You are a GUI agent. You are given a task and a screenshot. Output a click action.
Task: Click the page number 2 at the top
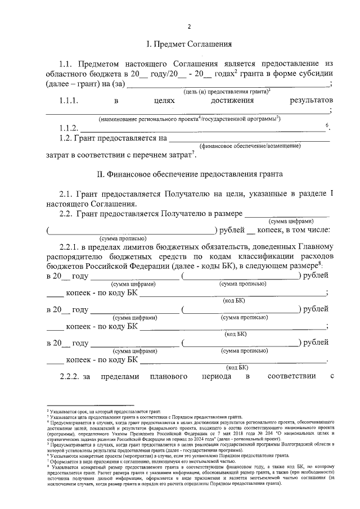[189, 26]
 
